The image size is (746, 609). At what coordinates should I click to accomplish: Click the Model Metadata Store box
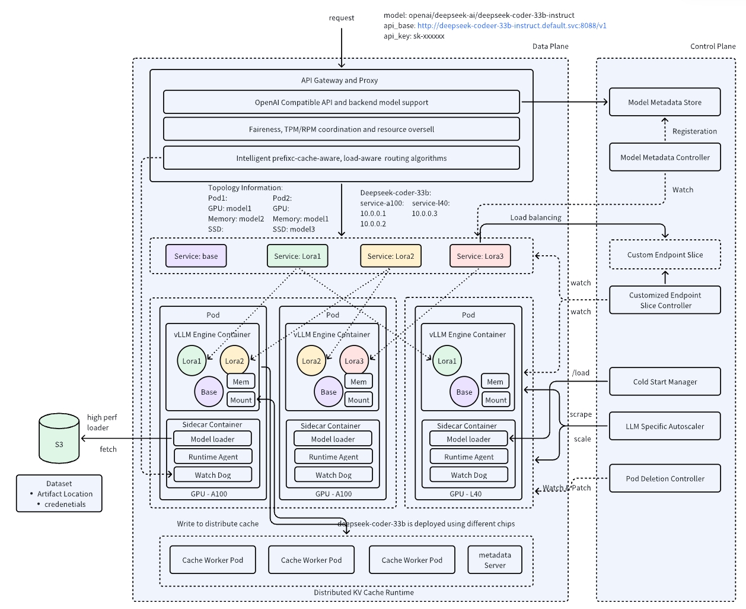click(x=664, y=102)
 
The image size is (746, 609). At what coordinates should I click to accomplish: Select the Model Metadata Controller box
click(x=664, y=157)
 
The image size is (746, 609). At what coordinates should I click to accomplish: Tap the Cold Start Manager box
click(x=664, y=382)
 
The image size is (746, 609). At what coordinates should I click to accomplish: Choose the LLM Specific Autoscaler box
click(x=664, y=426)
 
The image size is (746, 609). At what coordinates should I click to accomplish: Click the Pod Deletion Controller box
click(x=664, y=478)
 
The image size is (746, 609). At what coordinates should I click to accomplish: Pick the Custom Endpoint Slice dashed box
click(x=664, y=255)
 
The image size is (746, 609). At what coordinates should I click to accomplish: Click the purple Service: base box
click(x=196, y=256)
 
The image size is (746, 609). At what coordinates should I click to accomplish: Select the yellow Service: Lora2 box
click(x=390, y=256)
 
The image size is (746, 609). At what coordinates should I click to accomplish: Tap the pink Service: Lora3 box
click(x=480, y=256)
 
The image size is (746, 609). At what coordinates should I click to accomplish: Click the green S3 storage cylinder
click(x=59, y=439)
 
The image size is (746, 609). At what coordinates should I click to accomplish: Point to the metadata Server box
click(x=495, y=560)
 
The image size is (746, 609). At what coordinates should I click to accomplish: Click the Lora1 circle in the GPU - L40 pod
click(x=447, y=361)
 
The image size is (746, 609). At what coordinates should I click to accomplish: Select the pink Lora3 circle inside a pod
click(x=354, y=361)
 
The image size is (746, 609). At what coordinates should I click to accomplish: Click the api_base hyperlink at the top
click(x=511, y=26)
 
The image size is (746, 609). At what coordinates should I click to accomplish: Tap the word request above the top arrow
click(x=342, y=18)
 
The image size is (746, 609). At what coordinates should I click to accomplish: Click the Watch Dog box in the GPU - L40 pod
click(x=468, y=475)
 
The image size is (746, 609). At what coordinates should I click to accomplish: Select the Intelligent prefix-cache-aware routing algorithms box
click(x=341, y=158)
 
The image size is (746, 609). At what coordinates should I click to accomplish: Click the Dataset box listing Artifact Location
click(x=59, y=493)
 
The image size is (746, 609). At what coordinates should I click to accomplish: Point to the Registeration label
click(x=694, y=131)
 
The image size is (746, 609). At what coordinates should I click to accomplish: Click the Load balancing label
click(x=535, y=217)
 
